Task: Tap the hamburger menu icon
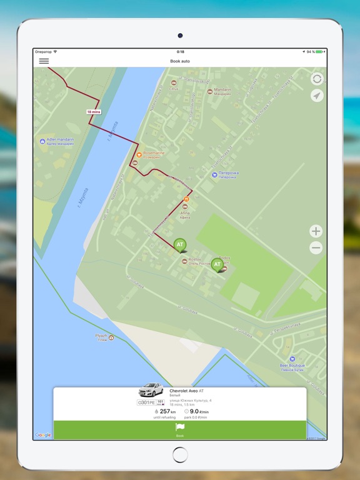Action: pos(44,61)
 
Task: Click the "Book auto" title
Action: pos(180,61)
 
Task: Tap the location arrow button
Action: pos(317,96)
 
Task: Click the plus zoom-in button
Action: pos(316,231)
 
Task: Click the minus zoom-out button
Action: pos(316,247)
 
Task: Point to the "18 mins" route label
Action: pos(93,111)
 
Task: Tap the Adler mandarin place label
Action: pos(56,141)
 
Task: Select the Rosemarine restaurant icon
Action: pos(139,154)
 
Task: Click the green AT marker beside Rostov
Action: pos(180,244)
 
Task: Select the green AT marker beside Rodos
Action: pos(217,264)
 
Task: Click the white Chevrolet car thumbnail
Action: pos(151,390)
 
